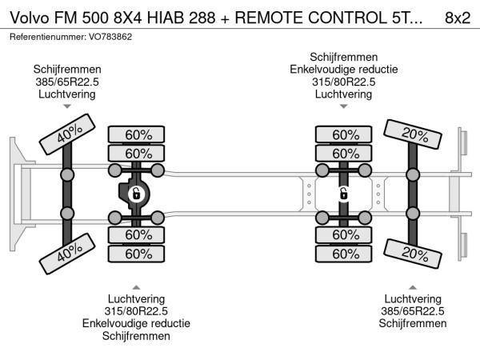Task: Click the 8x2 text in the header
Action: click(x=456, y=18)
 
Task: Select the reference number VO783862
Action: click(x=112, y=37)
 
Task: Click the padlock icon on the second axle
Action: click(x=136, y=194)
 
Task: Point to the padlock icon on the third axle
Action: click(x=343, y=194)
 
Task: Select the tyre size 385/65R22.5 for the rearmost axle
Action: click(x=412, y=310)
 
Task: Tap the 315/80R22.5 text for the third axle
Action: click(x=343, y=82)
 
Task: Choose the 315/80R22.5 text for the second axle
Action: click(x=136, y=310)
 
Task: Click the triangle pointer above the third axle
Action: click(x=343, y=106)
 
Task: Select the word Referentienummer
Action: click(x=46, y=37)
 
